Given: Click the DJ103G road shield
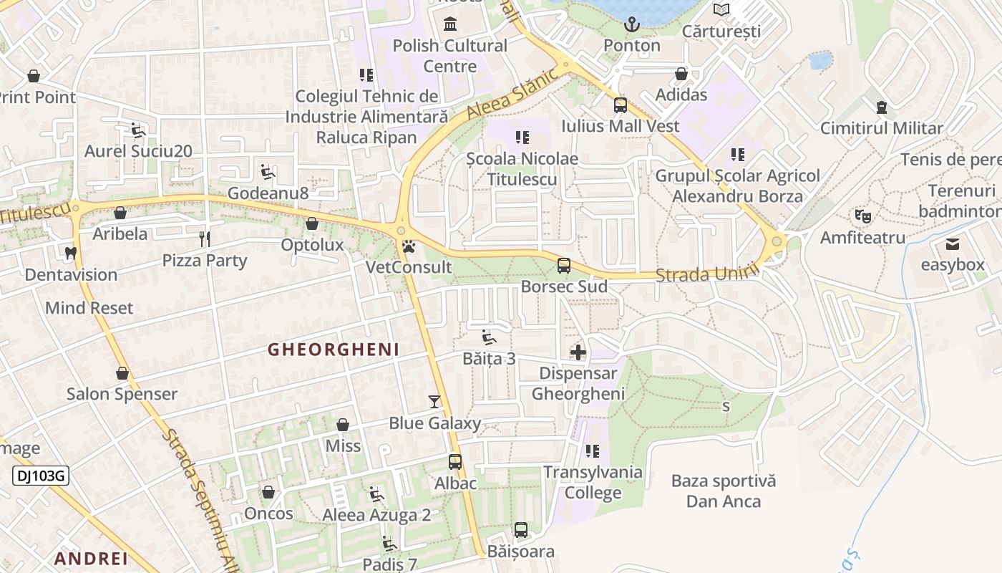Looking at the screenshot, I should [x=41, y=475].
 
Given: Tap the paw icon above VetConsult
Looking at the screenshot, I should [x=409, y=247].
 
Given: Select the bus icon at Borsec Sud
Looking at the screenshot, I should [x=564, y=266].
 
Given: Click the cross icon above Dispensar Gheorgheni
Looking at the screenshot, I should [x=578, y=352].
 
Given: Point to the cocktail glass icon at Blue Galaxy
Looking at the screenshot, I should [x=434, y=402].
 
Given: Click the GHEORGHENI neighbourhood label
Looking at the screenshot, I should [x=333, y=350].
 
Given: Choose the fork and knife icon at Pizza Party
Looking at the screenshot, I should [x=205, y=239].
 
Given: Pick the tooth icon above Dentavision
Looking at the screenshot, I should [x=70, y=253].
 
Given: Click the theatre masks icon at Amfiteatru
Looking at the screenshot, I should [x=862, y=216].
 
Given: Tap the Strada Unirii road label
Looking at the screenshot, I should [x=706, y=273].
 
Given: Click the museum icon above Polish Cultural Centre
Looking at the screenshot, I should [x=450, y=25].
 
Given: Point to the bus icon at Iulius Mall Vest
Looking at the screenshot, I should [x=621, y=105].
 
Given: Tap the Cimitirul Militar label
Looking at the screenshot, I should [x=881, y=129].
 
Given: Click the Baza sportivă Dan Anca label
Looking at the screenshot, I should [x=723, y=491].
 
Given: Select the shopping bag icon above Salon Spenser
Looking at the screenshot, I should [x=122, y=373].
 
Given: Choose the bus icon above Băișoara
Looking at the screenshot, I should [x=521, y=531].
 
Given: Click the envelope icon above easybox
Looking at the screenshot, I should [x=953, y=244].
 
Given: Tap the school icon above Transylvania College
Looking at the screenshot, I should [x=593, y=451].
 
